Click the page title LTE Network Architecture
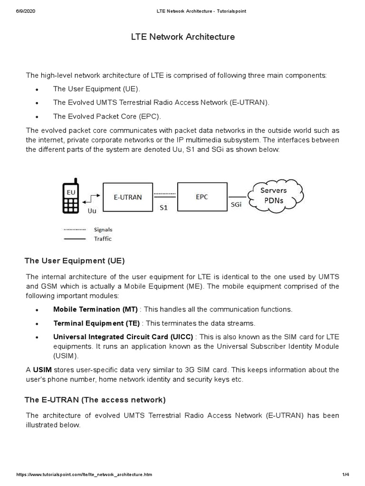click(182, 37)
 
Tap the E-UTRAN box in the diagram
click(127, 197)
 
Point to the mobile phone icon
click(70, 196)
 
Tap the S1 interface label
click(163, 207)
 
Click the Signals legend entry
click(103, 229)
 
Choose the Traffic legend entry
click(103, 239)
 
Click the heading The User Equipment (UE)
click(74, 261)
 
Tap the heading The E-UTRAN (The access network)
click(95, 400)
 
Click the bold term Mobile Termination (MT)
click(95, 309)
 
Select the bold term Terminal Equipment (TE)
click(96, 323)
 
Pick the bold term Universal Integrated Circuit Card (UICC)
click(123, 337)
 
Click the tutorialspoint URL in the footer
click(84, 475)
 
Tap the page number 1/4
click(345, 475)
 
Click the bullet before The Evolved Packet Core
click(37, 117)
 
